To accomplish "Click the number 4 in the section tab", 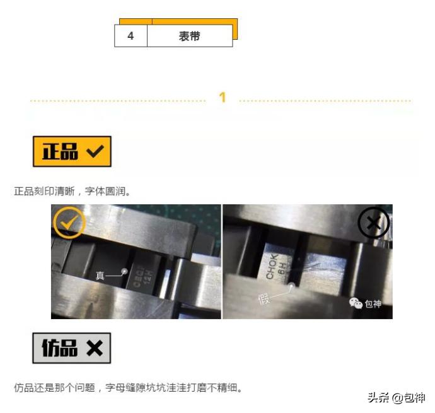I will click(x=130, y=36).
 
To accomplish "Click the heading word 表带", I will click(x=189, y=36).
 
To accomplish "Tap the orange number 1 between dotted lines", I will click(x=223, y=98).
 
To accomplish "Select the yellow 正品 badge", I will click(x=72, y=151).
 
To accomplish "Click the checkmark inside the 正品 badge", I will click(x=95, y=151).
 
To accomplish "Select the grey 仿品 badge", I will click(x=72, y=348).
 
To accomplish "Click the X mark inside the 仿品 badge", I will click(x=95, y=348).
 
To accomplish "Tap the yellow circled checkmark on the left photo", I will click(x=68, y=222).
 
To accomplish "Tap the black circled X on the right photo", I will click(x=373, y=224).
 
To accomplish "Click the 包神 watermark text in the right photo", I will click(x=373, y=304).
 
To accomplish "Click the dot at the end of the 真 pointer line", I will click(x=124, y=271).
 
